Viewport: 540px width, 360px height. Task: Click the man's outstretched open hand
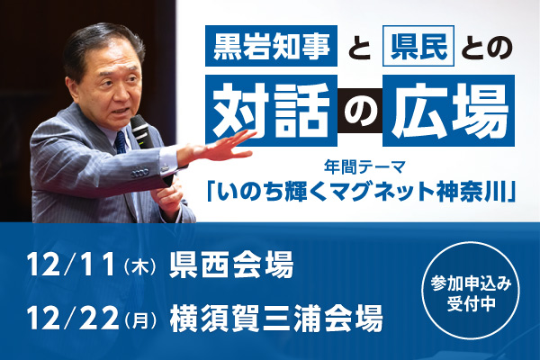tap(221, 144)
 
